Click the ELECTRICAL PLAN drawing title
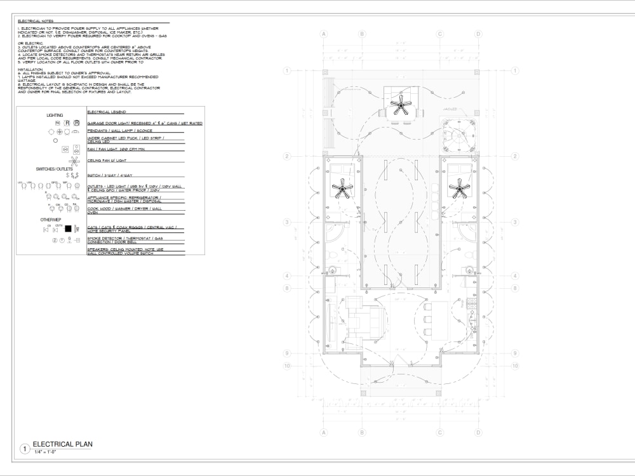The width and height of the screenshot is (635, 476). (62, 444)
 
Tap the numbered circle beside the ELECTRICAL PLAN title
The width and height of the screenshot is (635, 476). (25, 449)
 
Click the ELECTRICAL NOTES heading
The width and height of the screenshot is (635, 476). (35, 22)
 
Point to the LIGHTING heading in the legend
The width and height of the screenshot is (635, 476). (55, 115)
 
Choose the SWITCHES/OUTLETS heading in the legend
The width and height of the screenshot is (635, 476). (54, 169)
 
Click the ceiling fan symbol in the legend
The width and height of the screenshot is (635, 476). (72, 161)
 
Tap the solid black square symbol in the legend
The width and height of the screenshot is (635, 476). (69, 228)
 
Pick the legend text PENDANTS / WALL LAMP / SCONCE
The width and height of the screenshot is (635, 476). (119, 131)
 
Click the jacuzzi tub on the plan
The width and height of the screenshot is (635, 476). (458, 135)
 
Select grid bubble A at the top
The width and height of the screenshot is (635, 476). (323, 34)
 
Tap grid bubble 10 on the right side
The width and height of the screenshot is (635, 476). (515, 366)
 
